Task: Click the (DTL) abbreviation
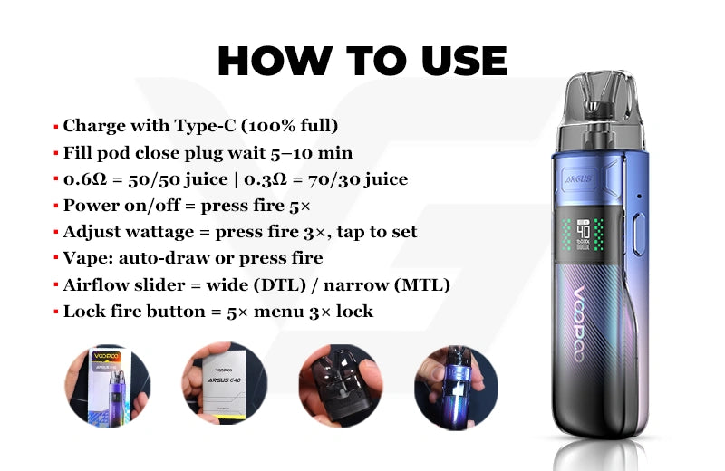coord(280,284)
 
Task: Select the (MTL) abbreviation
coord(422,284)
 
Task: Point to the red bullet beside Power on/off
coord(56,206)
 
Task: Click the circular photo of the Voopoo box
coord(107,386)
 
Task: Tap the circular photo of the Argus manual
coord(225,383)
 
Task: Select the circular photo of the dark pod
coord(341,386)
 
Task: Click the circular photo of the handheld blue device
coord(456,388)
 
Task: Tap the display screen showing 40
coord(583,235)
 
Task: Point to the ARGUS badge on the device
coord(578,178)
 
